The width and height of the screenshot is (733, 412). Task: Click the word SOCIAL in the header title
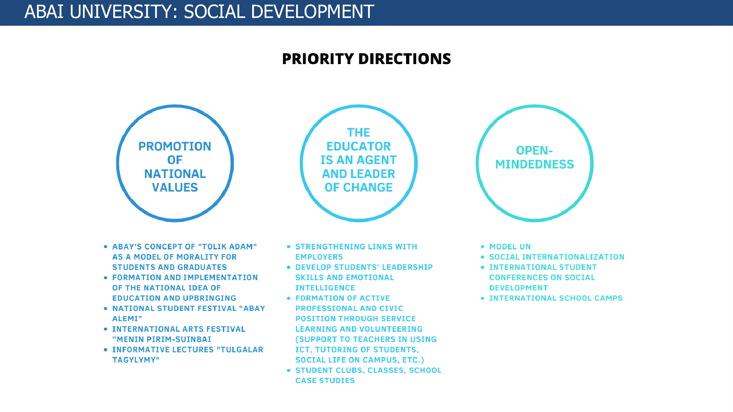coord(214,12)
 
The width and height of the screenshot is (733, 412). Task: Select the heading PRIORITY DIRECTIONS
coord(366,59)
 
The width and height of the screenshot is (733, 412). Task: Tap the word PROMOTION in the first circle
coord(175,146)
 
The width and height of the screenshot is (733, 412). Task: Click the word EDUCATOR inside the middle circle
coord(358,146)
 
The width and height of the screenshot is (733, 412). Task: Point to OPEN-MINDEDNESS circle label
coord(534,157)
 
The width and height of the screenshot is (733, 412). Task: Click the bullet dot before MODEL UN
coord(482,247)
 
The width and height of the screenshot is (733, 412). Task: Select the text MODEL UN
coord(510,247)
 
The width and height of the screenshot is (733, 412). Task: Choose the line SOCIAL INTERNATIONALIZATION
coord(557,257)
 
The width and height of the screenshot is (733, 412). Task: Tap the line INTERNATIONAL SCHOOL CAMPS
coord(556,298)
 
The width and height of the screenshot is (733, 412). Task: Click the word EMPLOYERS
coord(319,257)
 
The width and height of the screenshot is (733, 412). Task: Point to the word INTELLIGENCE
coord(325,288)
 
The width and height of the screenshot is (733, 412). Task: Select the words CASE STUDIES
coord(325,381)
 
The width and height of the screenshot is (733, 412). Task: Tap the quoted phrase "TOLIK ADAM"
coord(227,247)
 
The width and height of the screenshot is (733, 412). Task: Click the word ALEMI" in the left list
coord(127,319)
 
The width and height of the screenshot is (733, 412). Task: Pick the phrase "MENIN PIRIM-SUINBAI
coord(162,339)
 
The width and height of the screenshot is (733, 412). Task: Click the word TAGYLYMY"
coord(136,360)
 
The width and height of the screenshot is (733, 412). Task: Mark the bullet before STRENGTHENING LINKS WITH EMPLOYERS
coord(289,247)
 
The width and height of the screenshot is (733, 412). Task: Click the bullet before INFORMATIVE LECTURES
coord(106,350)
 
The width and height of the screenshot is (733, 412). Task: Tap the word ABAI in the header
coord(44,12)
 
